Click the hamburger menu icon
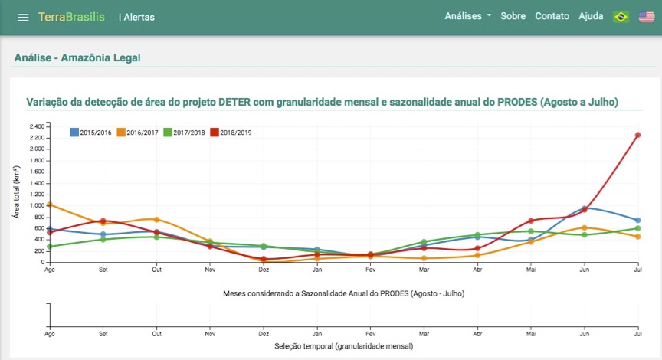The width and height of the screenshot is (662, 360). pyautogui.click(x=23, y=17)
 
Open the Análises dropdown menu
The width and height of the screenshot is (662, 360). pyautogui.click(x=467, y=16)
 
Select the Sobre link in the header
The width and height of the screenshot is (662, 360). pyautogui.click(x=513, y=16)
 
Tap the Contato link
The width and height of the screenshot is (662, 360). pyautogui.click(x=552, y=16)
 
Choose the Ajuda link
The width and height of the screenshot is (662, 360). pyautogui.click(x=591, y=16)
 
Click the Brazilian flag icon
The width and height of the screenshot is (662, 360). pyautogui.click(x=621, y=17)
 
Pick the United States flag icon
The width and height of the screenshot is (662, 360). pyautogui.click(x=646, y=17)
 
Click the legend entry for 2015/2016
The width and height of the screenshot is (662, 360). pyautogui.click(x=91, y=133)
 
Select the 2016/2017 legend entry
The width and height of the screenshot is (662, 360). pyautogui.click(x=138, y=133)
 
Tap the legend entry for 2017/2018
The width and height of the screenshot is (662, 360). pyautogui.click(x=185, y=133)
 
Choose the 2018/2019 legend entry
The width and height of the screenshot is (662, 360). pyautogui.click(x=231, y=133)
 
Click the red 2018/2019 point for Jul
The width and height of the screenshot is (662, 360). pyautogui.click(x=637, y=135)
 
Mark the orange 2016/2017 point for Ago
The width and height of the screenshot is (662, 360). pyautogui.click(x=50, y=205)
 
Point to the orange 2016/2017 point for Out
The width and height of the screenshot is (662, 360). pyautogui.click(x=156, y=220)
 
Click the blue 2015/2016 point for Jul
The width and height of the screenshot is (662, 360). pyautogui.click(x=637, y=221)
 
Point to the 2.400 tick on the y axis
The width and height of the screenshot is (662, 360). pyautogui.click(x=37, y=126)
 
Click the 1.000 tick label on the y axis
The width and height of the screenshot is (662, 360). pyautogui.click(x=37, y=205)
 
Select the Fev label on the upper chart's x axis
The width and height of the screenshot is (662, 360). pyautogui.click(x=370, y=270)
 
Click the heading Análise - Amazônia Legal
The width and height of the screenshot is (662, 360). pyautogui.click(x=77, y=57)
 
